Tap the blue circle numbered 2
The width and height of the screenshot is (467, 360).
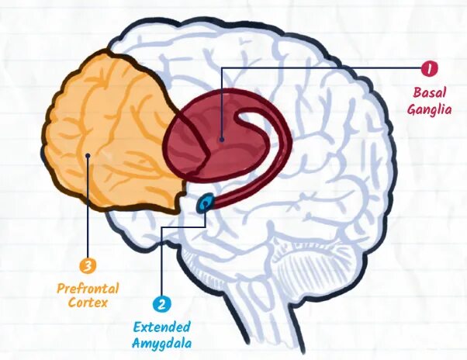pyautogui.click(x=162, y=305)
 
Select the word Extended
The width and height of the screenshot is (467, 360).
pyautogui.click(x=162, y=327)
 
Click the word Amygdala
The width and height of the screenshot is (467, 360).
pyautogui.click(x=162, y=342)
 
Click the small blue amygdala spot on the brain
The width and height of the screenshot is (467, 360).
pyautogui.click(x=206, y=204)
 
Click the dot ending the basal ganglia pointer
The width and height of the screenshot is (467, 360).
pyautogui.click(x=222, y=140)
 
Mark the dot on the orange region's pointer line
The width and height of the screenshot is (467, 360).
pyautogui.click(x=89, y=155)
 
